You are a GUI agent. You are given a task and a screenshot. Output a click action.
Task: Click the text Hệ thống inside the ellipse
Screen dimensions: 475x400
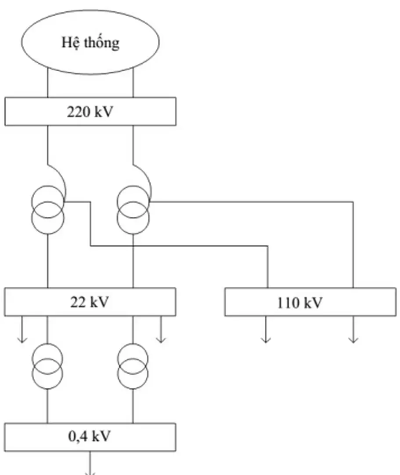(x=90, y=43)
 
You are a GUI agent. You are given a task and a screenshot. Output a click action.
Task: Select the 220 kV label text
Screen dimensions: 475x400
(x=90, y=112)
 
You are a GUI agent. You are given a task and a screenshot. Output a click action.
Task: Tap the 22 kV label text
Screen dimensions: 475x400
(x=90, y=302)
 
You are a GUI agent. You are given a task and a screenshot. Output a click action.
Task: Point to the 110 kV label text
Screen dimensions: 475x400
(x=300, y=303)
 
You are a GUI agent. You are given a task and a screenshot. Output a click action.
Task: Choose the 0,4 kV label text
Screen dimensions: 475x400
(x=90, y=437)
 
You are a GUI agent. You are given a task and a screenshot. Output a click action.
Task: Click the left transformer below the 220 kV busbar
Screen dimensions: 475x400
(x=47, y=210)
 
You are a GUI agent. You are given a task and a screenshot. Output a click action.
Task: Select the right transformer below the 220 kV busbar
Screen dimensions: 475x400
(x=133, y=210)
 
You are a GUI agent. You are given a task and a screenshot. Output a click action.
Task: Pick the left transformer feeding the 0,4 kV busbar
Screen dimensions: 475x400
(x=47, y=365)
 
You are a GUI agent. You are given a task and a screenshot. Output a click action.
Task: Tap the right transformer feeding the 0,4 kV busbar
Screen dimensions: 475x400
(x=133, y=365)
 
